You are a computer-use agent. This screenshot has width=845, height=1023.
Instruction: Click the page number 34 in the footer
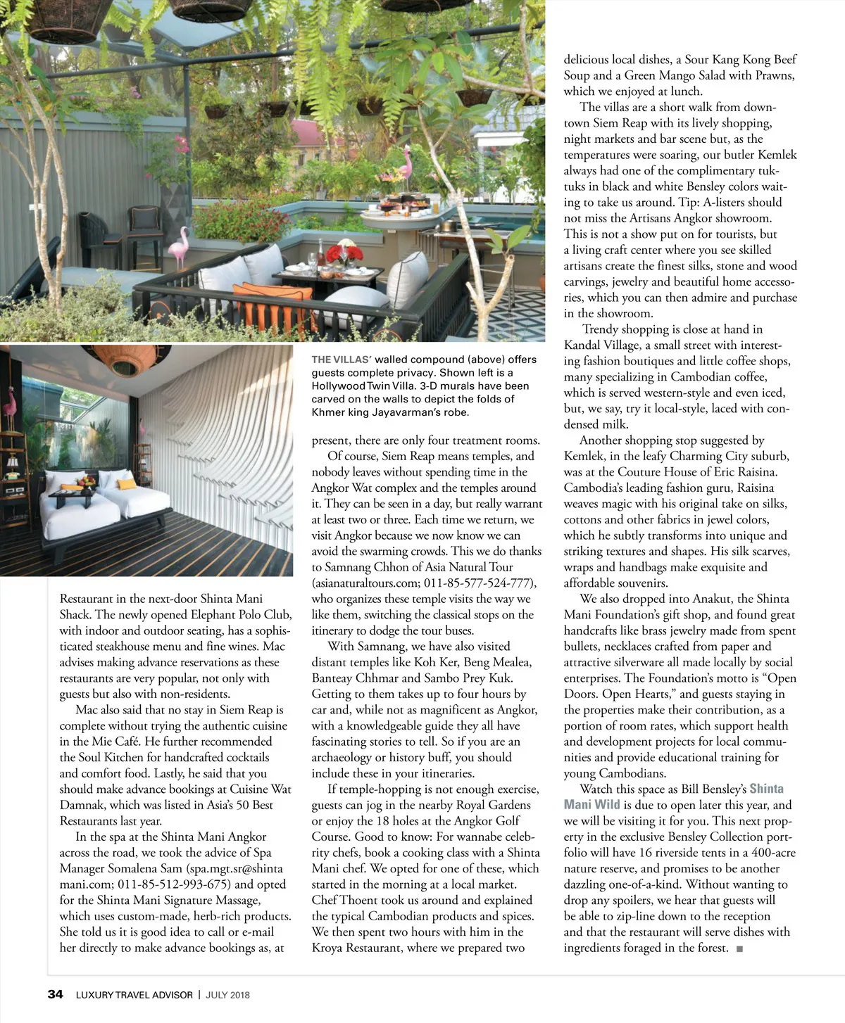click(55, 994)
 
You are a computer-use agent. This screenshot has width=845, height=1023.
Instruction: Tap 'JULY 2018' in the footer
click(227, 995)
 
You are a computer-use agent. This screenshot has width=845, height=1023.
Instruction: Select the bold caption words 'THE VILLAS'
click(342, 360)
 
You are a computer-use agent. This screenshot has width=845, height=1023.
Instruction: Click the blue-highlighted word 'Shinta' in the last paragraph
click(766, 789)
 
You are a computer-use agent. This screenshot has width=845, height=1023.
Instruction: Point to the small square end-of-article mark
click(739, 948)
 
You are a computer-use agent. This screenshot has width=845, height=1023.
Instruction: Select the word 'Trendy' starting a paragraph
click(601, 329)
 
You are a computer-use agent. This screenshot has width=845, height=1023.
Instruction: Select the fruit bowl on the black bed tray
click(86, 482)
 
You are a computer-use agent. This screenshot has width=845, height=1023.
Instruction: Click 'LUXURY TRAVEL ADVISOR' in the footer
click(134, 995)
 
